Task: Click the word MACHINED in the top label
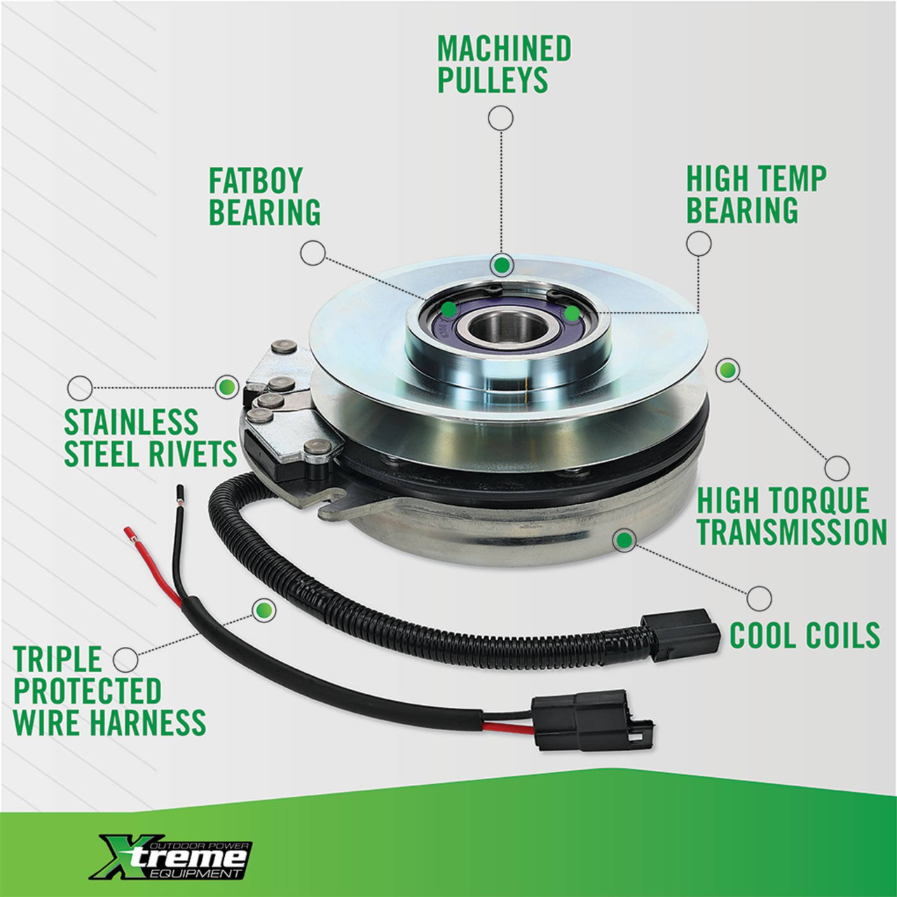504,48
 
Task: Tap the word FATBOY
256,181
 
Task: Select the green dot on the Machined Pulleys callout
501,265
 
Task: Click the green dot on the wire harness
263,610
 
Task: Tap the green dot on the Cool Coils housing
624,540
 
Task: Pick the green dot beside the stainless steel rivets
226,386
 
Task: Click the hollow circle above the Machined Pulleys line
500,118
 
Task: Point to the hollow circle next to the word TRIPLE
125,659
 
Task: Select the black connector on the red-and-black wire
594,723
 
